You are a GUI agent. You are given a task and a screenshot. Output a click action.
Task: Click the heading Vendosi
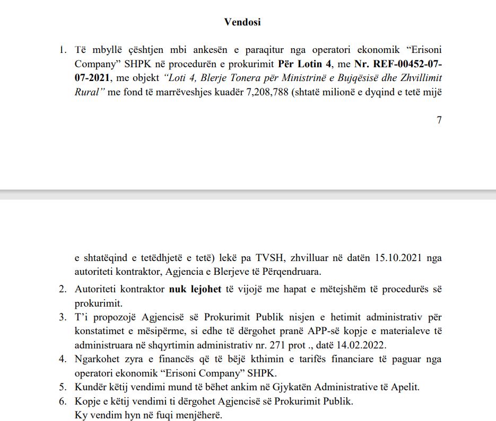[x=242, y=22]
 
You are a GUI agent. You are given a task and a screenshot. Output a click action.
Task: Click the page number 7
[x=439, y=120]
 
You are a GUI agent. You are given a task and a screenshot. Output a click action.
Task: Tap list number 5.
[x=63, y=387]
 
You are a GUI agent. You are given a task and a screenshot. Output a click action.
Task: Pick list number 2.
[x=63, y=290]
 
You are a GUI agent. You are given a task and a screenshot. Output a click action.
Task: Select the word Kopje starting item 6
[x=86, y=401]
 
